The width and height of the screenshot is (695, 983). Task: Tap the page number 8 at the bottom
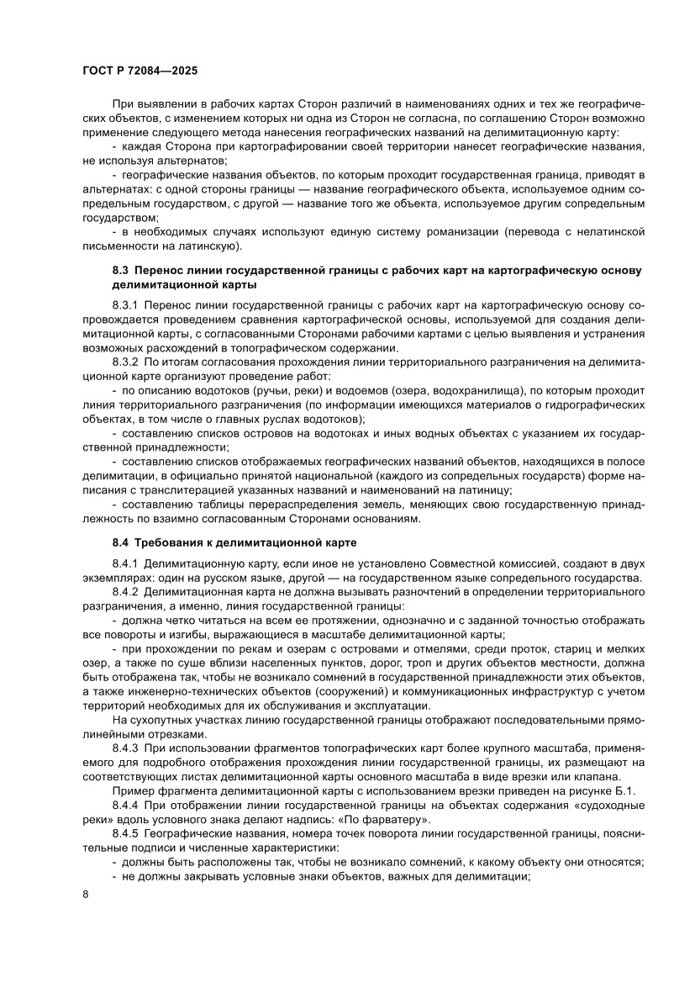(86, 915)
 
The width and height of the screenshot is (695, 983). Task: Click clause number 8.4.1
(127, 561)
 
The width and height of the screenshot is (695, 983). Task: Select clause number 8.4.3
(127, 746)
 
